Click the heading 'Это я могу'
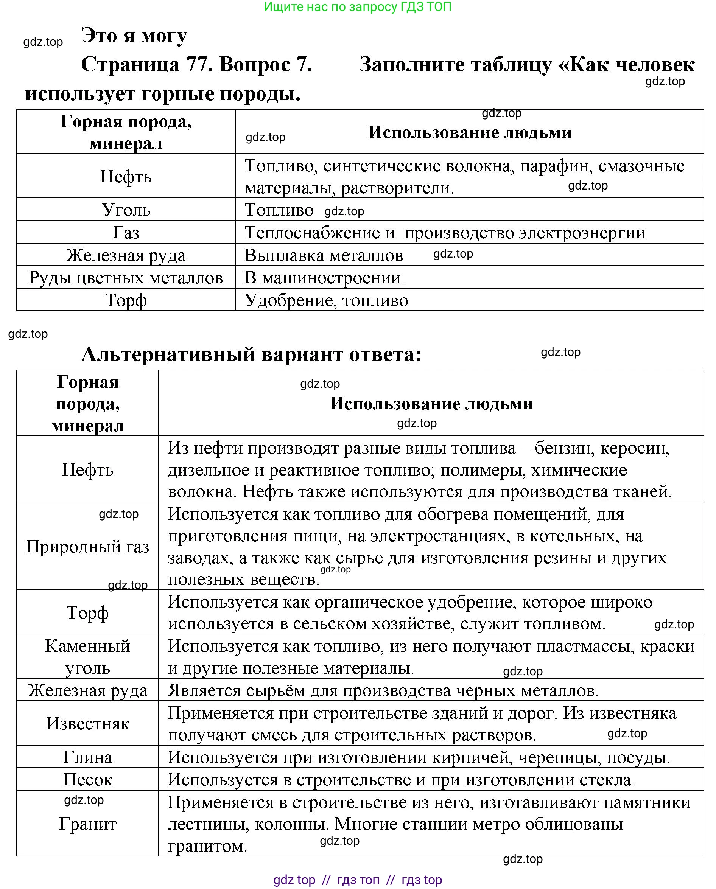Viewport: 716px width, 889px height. (x=134, y=36)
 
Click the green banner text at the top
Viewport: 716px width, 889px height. (x=357, y=7)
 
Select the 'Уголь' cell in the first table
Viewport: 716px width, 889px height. (x=126, y=210)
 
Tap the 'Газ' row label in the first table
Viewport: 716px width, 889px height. (x=126, y=233)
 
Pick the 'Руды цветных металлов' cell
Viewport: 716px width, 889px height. (x=126, y=278)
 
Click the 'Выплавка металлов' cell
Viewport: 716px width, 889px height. (x=324, y=255)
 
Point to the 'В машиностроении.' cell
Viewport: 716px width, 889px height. (x=325, y=278)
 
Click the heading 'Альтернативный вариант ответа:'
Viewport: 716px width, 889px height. (x=251, y=354)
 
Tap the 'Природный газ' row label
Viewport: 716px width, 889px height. (x=87, y=546)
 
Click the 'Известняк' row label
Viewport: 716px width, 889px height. (x=87, y=723)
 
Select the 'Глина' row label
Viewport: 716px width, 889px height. (x=87, y=757)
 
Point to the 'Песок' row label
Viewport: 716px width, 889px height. (x=87, y=779)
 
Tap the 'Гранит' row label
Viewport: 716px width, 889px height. (x=87, y=824)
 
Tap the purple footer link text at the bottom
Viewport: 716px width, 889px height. (x=358, y=880)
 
